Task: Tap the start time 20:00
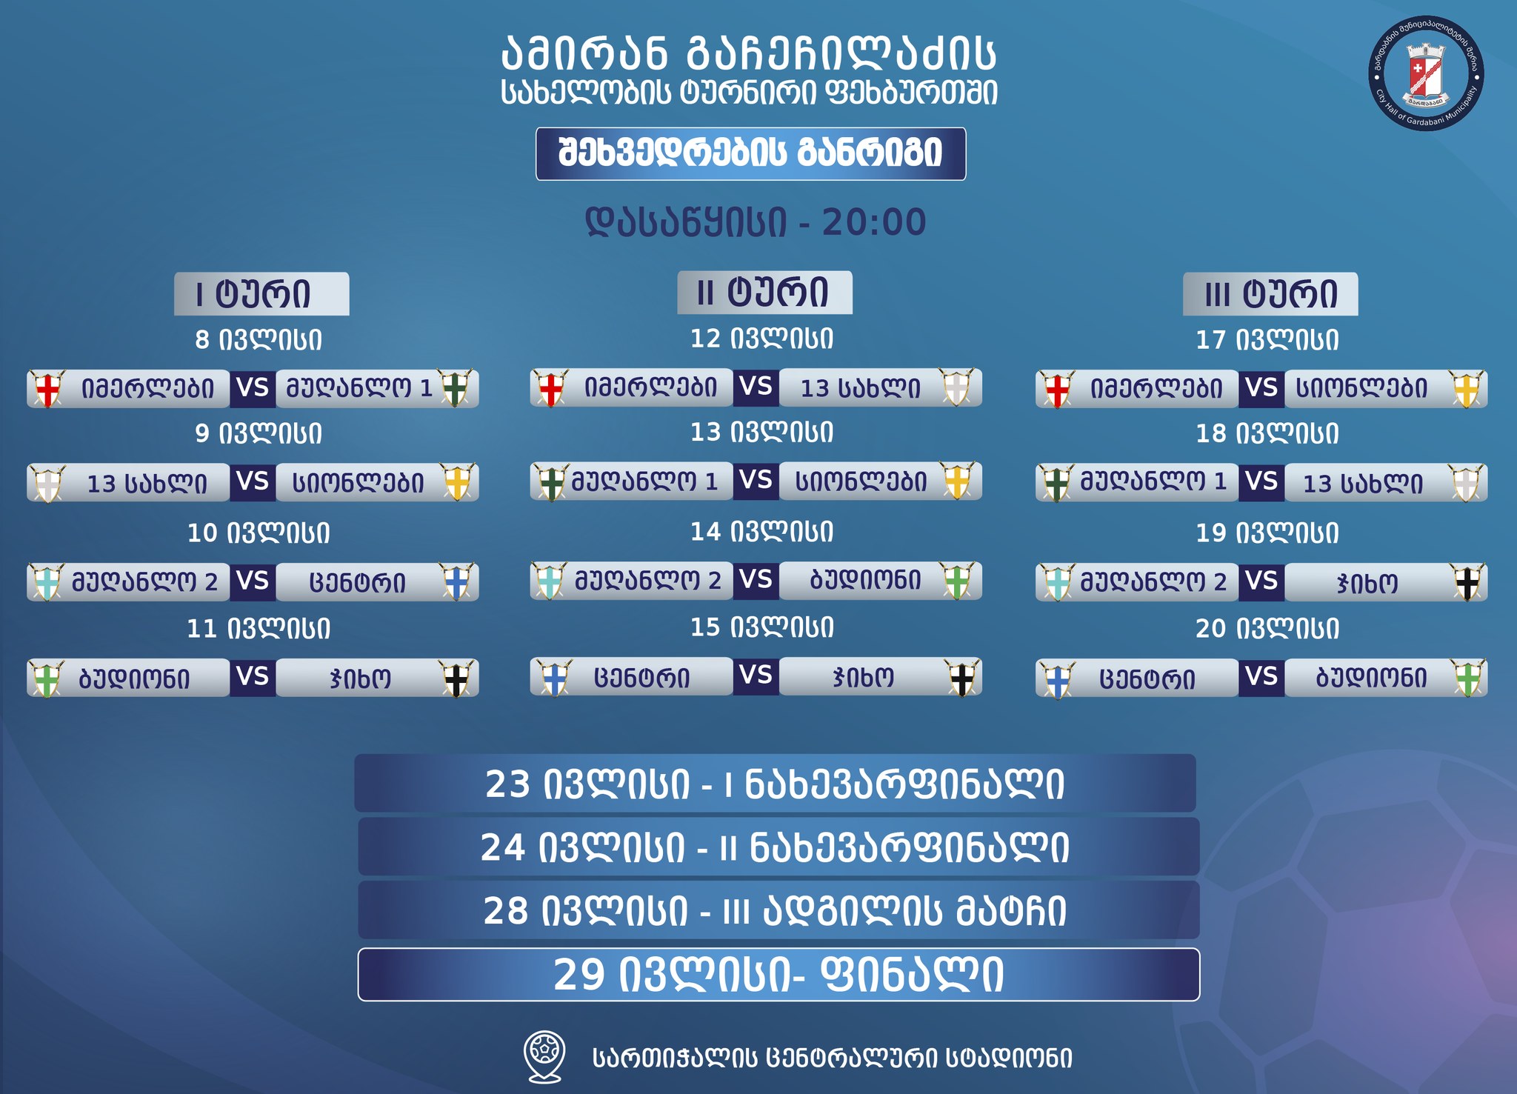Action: [874, 222]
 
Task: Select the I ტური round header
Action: [261, 294]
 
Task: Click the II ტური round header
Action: [764, 293]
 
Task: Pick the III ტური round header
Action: [1270, 294]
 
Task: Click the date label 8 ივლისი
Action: [259, 340]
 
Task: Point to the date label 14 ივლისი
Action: [762, 532]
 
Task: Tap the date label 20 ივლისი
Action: [1267, 629]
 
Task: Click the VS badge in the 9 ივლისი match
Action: [253, 482]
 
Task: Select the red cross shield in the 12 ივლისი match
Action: [550, 388]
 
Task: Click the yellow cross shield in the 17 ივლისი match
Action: [1467, 389]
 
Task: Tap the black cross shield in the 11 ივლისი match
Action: [456, 678]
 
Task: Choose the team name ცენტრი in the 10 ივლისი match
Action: [357, 583]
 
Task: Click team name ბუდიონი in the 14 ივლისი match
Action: [866, 580]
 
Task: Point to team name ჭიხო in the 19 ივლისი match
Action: [1367, 584]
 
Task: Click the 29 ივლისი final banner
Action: [778, 975]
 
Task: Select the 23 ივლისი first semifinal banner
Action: [775, 784]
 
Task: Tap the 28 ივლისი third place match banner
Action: [778, 910]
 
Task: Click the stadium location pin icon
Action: [545, 1057]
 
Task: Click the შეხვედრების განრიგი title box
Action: [750, 154]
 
